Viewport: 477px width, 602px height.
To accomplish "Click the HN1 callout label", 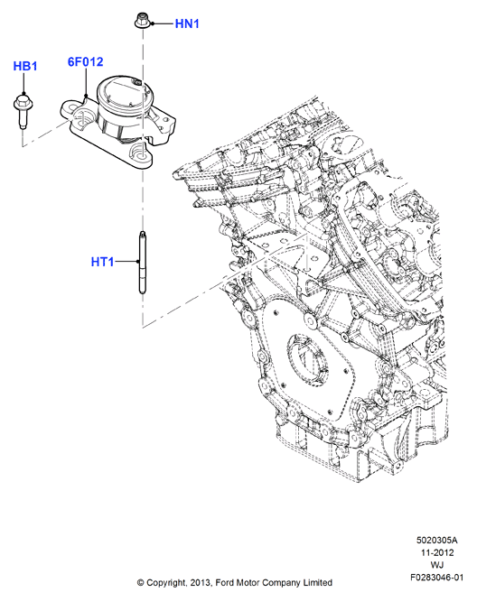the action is (187, 23).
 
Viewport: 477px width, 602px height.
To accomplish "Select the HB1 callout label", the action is (25, 66).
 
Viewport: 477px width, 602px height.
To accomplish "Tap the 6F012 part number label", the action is (85, 61).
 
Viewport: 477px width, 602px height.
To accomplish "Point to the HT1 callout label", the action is (103, 262).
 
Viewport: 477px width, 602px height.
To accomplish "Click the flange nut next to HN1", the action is (142, 21).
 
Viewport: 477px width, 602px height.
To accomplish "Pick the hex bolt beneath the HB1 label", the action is (23, 112).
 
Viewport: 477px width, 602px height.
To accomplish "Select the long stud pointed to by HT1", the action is (142, 263).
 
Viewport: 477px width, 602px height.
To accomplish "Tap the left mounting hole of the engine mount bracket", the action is (83, 115).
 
